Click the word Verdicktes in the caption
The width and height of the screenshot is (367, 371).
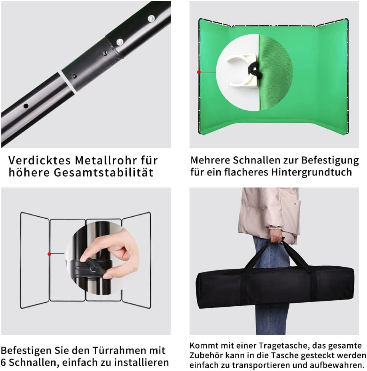point(40,160)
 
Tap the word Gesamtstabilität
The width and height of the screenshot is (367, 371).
point(104,172)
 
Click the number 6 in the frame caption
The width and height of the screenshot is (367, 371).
point(4,363)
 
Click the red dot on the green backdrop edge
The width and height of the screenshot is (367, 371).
point(199,72)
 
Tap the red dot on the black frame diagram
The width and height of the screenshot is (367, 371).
point(49,254)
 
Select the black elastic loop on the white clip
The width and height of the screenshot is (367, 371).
point(254,70)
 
